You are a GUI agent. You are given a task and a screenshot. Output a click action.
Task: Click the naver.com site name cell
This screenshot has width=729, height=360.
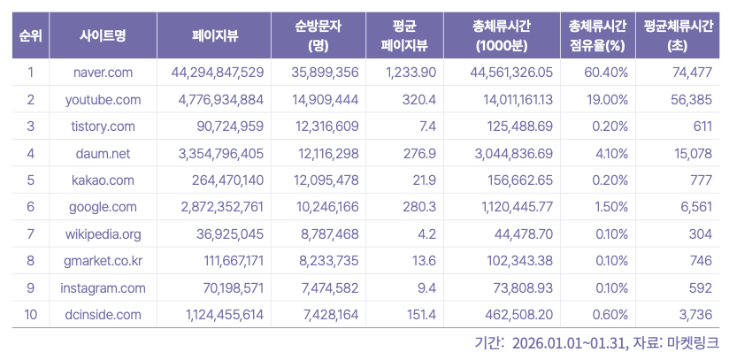102,72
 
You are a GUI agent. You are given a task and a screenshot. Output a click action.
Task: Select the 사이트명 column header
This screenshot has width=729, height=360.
103,35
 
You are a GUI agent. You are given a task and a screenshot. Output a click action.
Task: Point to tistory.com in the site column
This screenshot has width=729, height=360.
103,126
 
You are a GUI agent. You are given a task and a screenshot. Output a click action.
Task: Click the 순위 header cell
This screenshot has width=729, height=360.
30,35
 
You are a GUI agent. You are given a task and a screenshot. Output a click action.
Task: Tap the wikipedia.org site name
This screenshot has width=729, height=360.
103,234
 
